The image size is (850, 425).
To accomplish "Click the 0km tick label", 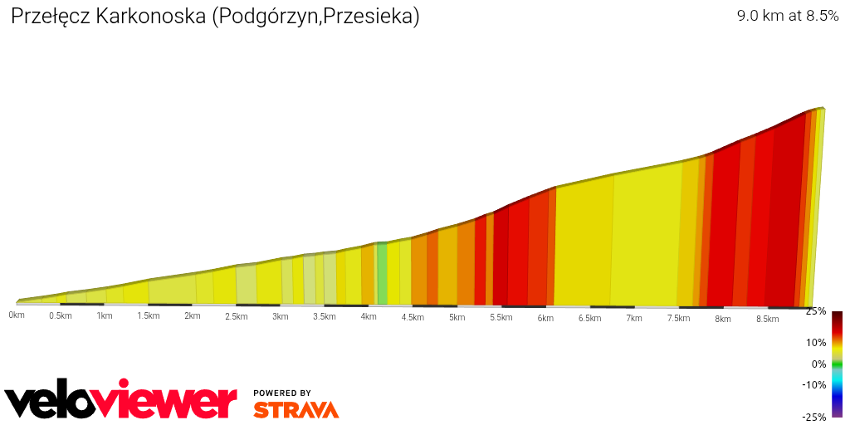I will (16, 315).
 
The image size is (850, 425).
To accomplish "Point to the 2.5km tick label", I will (237, 316).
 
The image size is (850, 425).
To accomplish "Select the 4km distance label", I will (369, 316).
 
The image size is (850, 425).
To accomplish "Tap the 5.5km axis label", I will (501, 317).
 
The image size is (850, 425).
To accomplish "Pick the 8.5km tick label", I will (767, 319).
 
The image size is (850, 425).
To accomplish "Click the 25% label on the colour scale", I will (816, 311).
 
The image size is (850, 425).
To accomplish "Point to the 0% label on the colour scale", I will (818, 364).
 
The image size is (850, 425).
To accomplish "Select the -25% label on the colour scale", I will (814, 417).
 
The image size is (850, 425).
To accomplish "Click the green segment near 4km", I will (383, 274).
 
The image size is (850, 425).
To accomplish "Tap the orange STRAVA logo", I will (296, 409).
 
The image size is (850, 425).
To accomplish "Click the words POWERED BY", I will (282, 393).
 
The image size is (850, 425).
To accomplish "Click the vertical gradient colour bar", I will (837, 364).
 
